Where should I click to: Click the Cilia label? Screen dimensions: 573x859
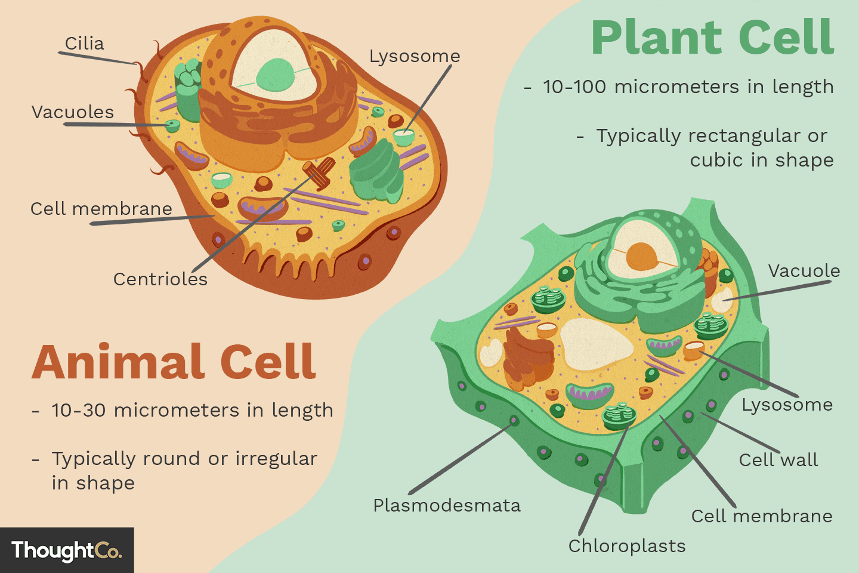[84, 44]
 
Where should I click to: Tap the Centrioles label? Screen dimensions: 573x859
[160, 279]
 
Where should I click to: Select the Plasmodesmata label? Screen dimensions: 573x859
[447, 506]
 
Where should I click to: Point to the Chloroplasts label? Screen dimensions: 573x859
[627, 546]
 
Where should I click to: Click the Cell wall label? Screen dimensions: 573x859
[778, 460]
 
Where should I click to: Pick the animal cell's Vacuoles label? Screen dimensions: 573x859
[73, 112]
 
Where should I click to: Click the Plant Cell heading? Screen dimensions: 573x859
[713, 38]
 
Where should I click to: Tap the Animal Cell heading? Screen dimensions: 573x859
[174, 362]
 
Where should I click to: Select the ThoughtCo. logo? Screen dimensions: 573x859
[66, 550]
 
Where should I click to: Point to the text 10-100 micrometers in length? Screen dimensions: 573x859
[688, 87]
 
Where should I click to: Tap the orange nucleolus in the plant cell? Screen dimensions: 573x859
[642, 255]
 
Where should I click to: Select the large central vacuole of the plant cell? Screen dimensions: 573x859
[595, 344]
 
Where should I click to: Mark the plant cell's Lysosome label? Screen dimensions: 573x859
[787, 405]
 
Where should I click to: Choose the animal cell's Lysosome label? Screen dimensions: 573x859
[415, 56]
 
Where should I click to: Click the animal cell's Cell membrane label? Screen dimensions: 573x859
[101, 209]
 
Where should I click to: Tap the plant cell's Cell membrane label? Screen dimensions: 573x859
[762, 516]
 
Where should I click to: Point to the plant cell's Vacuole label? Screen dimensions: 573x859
[804, 271]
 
